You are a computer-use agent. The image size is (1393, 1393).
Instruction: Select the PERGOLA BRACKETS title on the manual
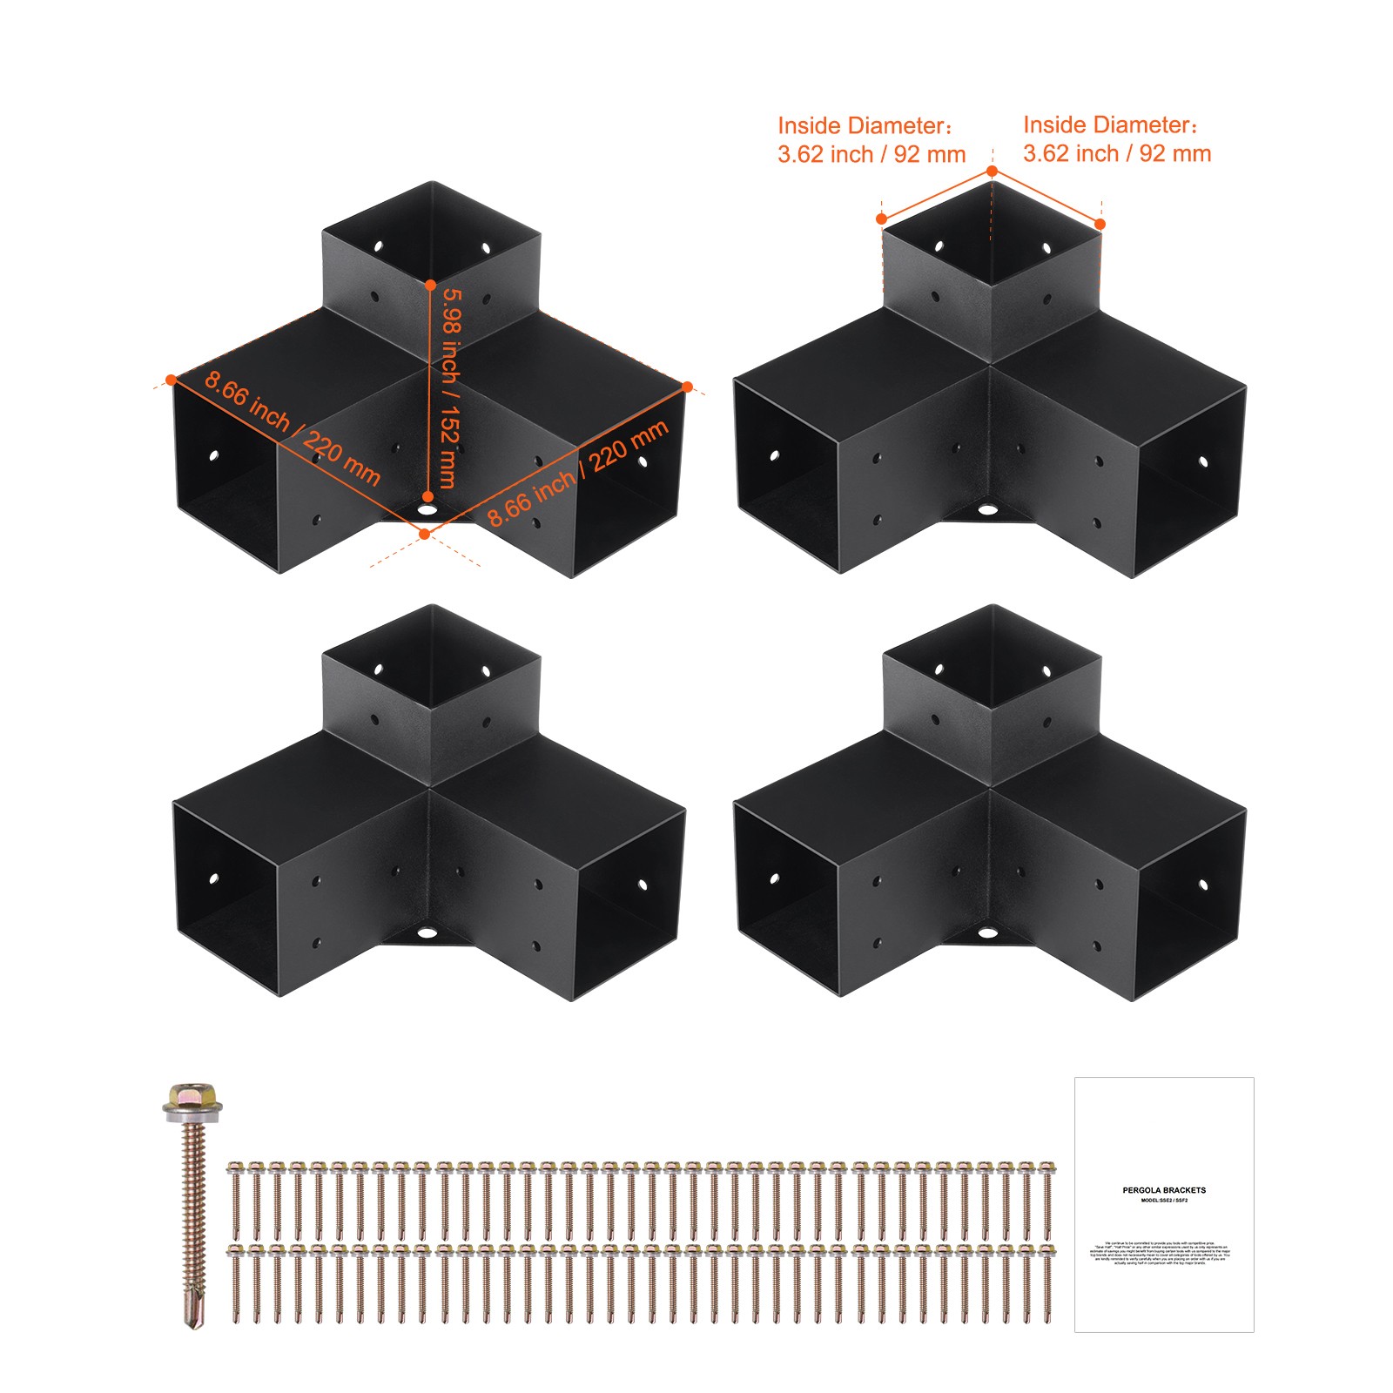click(x=1164, y=1190)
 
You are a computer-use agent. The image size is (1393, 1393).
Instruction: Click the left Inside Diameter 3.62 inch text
click(x=871, y=140)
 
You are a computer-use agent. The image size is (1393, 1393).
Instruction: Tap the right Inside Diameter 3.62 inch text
click(x=1116, y=139)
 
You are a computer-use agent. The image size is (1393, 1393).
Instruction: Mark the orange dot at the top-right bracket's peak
click(x=992, y=172)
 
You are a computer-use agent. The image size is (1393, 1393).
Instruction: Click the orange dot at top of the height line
click(x=430, y=285)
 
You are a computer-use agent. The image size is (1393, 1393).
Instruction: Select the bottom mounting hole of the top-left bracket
click(x=427, y=510)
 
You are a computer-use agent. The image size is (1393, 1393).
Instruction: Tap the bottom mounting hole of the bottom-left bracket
click(x=427, y=933)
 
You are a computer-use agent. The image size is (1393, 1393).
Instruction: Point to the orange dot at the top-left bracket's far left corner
click(x=172, y=379)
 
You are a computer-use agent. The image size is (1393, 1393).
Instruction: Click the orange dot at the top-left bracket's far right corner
click(x=687, y=386)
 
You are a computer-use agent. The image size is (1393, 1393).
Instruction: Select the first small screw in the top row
click(x=234, y=1198)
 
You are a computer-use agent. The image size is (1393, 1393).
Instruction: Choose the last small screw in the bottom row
click(x=1046, y=1285)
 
